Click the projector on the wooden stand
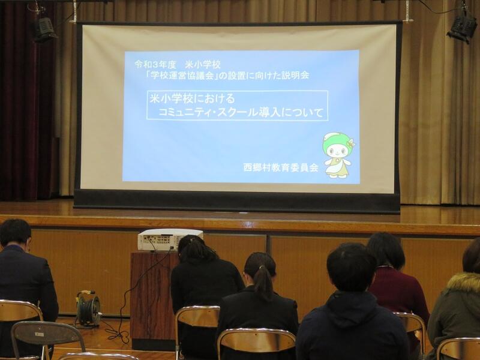click(170, 239)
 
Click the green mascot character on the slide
click(338, 155)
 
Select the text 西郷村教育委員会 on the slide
click(281, 168)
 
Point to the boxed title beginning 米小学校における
click(237, 106)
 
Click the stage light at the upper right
click(462, 28)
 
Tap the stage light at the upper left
click(44, 29)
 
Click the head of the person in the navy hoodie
click(351, 267)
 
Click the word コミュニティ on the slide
click(184, 113)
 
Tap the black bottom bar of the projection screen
click(236, 201)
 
